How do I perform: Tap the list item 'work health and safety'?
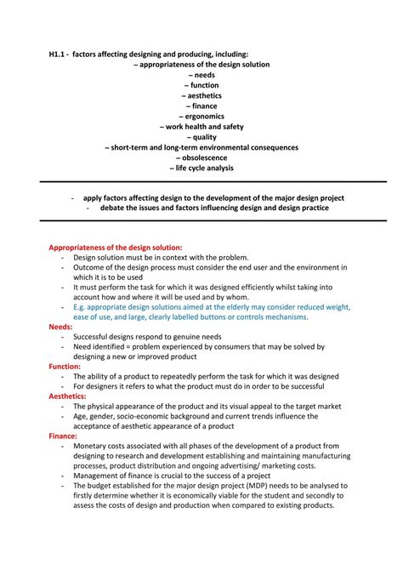pos(201,126)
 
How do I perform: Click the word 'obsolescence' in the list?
pos(204,157)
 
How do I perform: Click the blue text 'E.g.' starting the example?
pos(81,306)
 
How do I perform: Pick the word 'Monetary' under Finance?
pos(91,445)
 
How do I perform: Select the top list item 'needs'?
pos(204,74)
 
